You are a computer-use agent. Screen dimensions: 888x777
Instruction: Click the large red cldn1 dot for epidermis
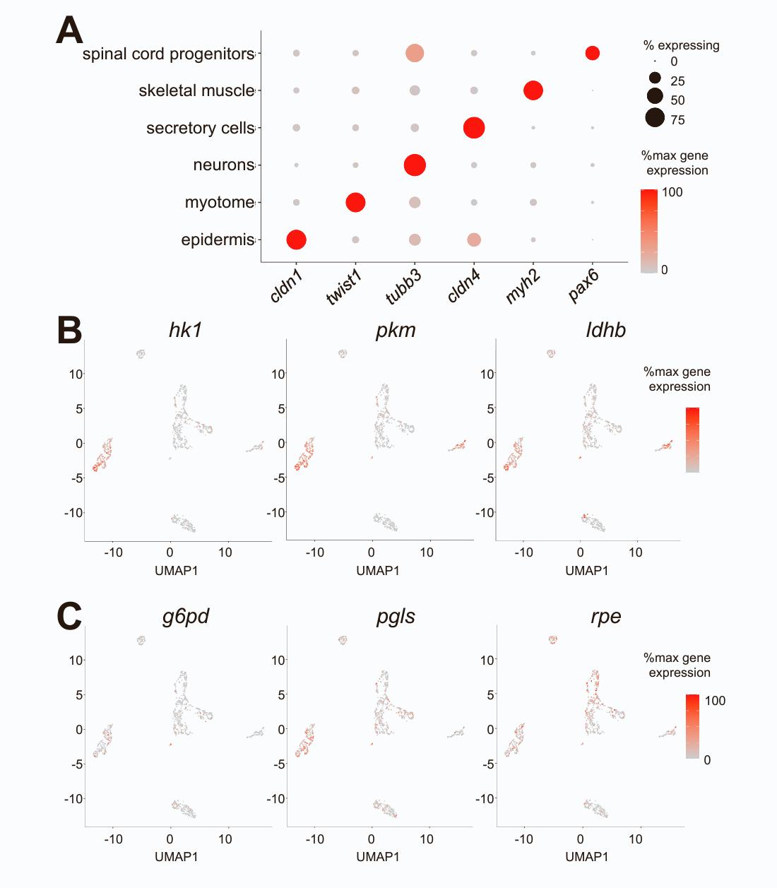pyautogui.click(x=296, y=240)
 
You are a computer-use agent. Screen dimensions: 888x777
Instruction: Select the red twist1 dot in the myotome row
pyautogui.click(x=355, y=203)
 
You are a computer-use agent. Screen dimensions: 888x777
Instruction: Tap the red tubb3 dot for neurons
pyautogui.click(x=415, y=165)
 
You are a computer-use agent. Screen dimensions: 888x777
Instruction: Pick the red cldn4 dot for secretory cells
pyautogui.click(x=474, y=128)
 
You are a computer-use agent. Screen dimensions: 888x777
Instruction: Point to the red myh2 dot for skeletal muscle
pyautogui.click(x=533, y=90)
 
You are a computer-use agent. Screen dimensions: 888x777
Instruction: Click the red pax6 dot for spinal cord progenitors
pyautogui.click(x=593, y=53)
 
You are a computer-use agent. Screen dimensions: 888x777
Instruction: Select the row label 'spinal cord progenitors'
pyautogui.click(x=168, y=54)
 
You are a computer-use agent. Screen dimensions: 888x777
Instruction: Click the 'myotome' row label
pyautogui.click(x=219, y=203)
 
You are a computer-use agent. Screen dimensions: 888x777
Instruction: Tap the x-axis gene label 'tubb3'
pyautogui.click(x=405, y=286)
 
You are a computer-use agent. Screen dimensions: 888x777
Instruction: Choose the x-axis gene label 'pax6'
pyautogui.click(x=584, y=286)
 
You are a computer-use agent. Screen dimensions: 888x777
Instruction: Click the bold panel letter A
pyautogui.click(x=69, y=30)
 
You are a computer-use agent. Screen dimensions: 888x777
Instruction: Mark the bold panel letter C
pyautogui.click(x=69, y=616)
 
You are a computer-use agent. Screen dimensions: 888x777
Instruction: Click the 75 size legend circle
pyautogui.click(x=655, y=118)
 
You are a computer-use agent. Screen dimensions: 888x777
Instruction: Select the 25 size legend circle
pyautogui.click(x=655, y=78)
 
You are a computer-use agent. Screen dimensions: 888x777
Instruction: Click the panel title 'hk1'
pyautogui.click(x=185, y=330)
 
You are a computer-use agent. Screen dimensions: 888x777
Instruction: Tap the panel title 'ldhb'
pyautogui.click(x=605, y=330)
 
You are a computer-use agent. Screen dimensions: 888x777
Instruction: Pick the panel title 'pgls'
pyautogui.click(x=396, y=617)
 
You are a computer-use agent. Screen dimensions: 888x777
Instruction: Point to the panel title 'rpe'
pyautogui.click(x=605, y=617)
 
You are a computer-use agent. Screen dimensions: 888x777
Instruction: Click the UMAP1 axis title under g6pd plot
pyautogui.click(x=176, y=857)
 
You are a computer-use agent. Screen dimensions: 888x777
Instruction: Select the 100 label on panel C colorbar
pyautogui.click(x=715, y=701)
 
